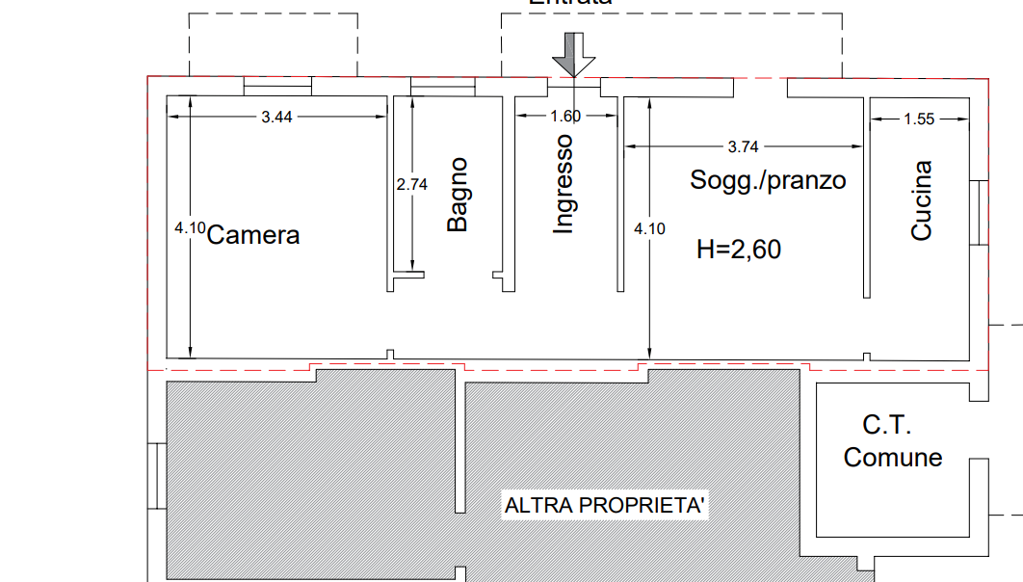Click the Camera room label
coord(252,235)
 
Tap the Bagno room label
coord(458,193)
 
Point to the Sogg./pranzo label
coord(767,179)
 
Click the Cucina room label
coord(922,200)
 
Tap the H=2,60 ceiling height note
coord(739,250)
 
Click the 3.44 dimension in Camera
coord(276,118)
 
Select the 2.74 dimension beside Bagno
coord(411,185)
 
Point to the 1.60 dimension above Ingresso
coord(565,117)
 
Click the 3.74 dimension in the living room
coord(743,147)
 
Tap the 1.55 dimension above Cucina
coord(919,119)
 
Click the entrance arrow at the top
coord(574,53)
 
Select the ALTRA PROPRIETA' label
coord(605,506)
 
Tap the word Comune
coord(892,457)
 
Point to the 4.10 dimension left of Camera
coord(189,228)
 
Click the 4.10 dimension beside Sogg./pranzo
coord(648,228)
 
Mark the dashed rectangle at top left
coord(273,44)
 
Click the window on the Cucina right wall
coord(981,213)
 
